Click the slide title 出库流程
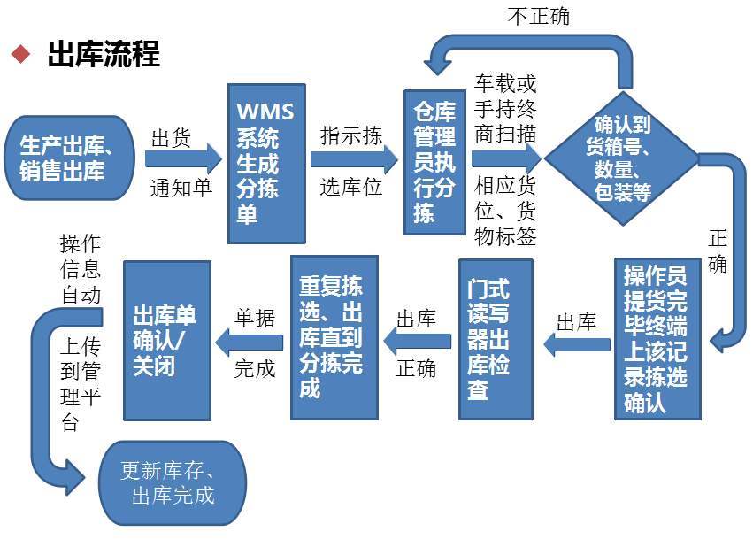click(103, 55)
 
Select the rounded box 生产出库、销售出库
click(72, 158)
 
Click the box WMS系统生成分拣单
click(265, 163)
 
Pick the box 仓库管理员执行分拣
click(434, 162)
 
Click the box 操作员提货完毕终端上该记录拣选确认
click(657, 338)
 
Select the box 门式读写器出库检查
click(496, 339)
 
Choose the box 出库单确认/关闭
click(166, 341)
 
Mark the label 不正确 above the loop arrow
click(538, 17)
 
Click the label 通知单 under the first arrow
click(181, 188)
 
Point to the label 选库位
click(351, 188)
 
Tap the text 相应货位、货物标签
click(505, 211)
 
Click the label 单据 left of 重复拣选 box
click(255, 320)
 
